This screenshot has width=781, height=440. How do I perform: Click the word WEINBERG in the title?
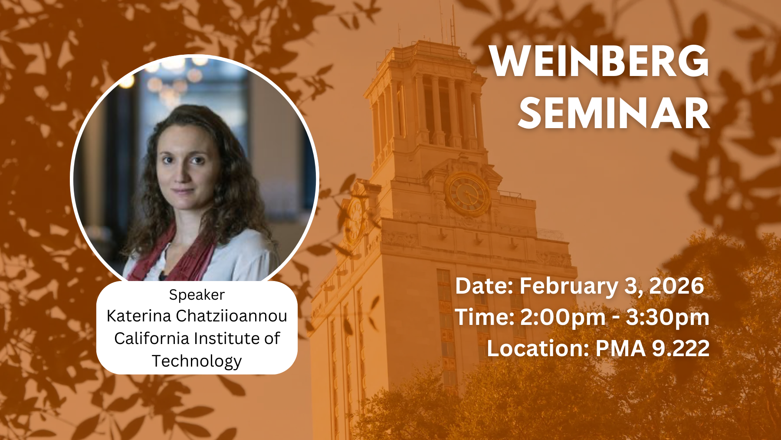pos(599,61)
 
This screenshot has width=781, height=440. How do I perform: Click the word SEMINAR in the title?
pos(614,113)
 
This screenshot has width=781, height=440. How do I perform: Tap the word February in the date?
pos(568,286)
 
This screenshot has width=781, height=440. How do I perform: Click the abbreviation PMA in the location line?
pos(620,348)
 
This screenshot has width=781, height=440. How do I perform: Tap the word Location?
pos(538,348)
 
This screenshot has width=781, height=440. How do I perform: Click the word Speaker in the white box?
pos(197,295)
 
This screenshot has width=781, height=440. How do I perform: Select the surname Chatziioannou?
pos(231,316)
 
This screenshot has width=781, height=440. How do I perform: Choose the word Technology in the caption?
pos(197,361)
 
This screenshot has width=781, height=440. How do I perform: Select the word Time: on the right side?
pos(484,317)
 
